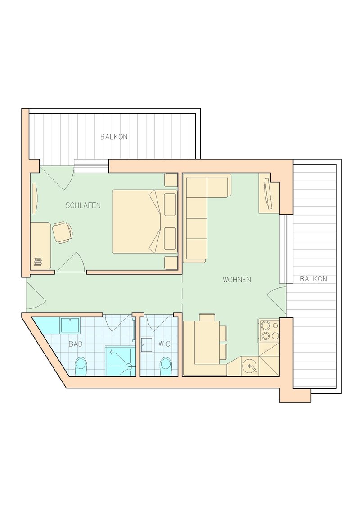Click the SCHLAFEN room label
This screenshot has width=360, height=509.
(x=83, y=205)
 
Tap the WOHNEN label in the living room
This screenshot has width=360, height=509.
(x=237, y=279)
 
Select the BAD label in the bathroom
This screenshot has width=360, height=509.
(x=76, y=344)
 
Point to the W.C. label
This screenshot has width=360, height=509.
(x=166, y=344)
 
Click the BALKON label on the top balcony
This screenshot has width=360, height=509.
(x=114, y=137)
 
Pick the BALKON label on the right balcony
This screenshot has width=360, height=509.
(x=313, y=278)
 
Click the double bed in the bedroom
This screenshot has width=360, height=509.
(x=145, y=221)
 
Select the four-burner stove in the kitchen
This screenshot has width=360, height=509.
(x=270, y=330)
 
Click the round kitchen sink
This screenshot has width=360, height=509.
(x=250, y=366)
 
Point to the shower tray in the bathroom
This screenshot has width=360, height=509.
(x=120, y=361)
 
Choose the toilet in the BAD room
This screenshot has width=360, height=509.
(x=81, y=367)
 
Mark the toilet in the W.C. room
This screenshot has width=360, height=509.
(x=166, y=367)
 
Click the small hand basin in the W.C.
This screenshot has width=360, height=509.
(x=147, y=345)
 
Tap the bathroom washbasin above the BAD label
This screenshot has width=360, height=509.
(x=70, y=325)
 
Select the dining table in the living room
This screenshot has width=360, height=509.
(x=207, y=342)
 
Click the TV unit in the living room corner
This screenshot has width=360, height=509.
(x=269, y=193)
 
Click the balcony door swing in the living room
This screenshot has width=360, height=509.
(x=277, y=301)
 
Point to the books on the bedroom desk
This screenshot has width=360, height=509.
(x=38, y=262)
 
